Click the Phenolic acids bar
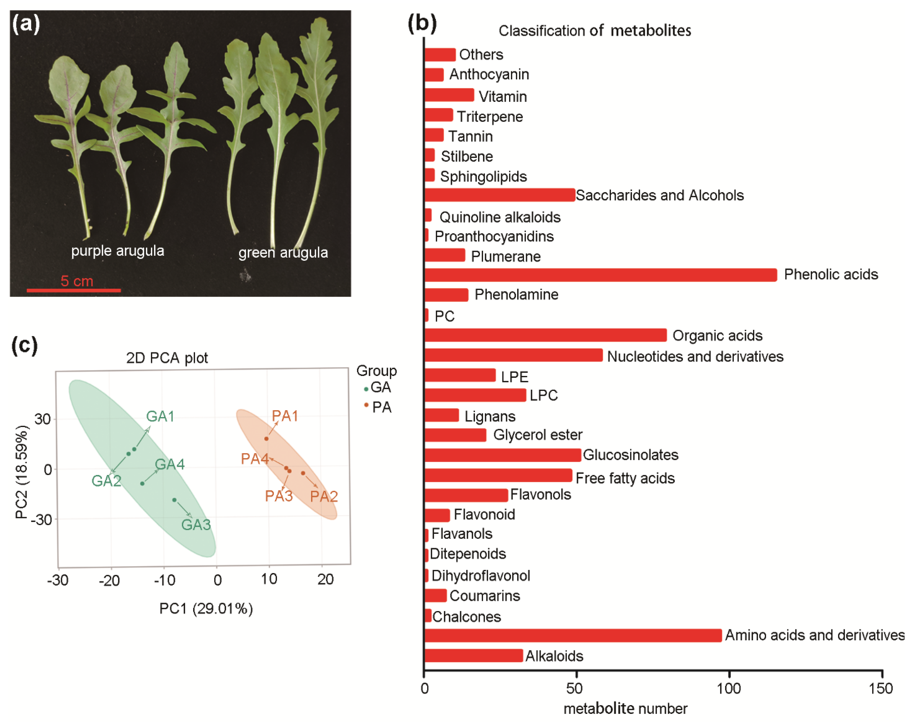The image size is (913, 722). coord(600,275)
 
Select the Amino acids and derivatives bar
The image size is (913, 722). coord(572,635)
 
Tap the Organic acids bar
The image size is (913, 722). coord(545,335)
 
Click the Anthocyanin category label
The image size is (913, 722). coord(489,74)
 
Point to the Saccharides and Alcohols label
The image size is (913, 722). coord(659,195)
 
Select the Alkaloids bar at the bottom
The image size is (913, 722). coord(473,656)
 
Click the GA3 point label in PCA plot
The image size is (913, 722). coord(196,525)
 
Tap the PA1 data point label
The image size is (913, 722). coord(285,416)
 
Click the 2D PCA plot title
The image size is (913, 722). coord(167,358)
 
